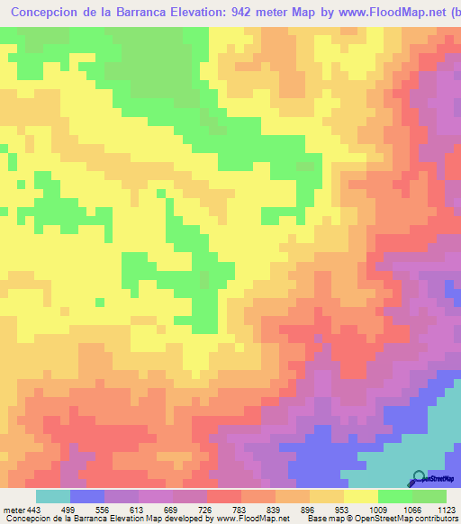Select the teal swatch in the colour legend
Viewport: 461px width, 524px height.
tap(53, 496)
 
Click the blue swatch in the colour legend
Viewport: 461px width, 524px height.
tap(87, 496)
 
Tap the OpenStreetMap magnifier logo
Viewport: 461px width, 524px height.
tap(418, 477)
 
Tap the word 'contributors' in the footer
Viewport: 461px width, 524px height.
tap(435, 519)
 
